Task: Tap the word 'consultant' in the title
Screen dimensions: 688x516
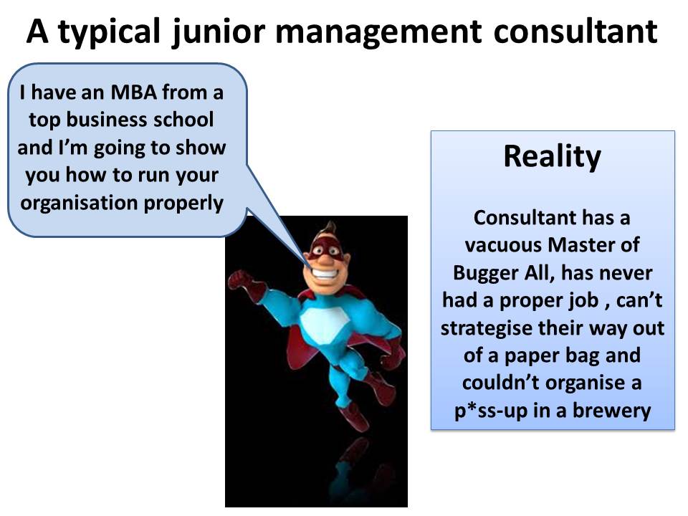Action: click(575, 31)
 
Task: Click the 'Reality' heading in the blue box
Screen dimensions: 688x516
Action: click(552, 157)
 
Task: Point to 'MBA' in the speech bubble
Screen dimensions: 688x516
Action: click(133, 92)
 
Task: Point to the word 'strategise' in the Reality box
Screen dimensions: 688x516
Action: click(486, 329)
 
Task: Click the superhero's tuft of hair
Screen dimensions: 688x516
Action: click(328, 229)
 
